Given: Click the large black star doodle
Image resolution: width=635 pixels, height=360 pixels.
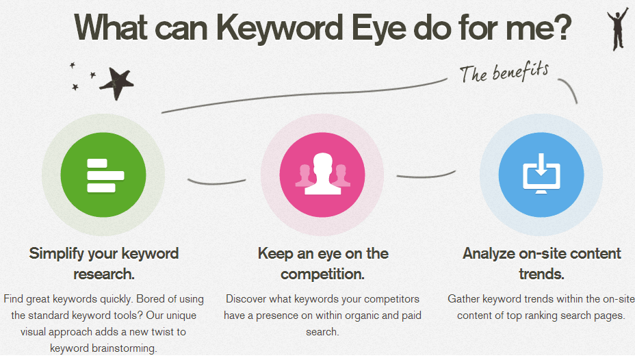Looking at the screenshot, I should point(117,83).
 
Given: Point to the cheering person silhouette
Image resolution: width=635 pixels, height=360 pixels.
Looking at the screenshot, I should point(617,29).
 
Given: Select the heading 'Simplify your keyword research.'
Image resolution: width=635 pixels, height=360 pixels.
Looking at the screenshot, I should point(103,263).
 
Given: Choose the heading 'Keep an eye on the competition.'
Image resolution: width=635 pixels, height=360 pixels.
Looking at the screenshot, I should point(322,263).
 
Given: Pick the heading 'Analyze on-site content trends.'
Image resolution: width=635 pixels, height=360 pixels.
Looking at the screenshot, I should point(541,263).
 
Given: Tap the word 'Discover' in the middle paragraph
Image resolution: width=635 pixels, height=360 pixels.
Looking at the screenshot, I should point(246,299).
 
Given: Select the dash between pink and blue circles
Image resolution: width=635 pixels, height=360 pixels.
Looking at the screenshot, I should point(426,175).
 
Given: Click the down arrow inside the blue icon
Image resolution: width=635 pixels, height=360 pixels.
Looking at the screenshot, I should point(541,164).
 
